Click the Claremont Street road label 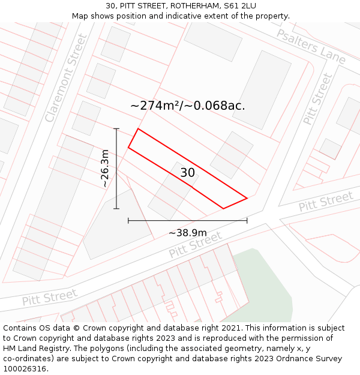coord(66,78)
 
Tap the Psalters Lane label coord(311,46)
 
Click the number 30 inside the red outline coord(187,173)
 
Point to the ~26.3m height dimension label coord(105,169)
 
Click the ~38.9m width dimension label coord(187,233)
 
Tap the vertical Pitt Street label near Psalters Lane coord(317,98)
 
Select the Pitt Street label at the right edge coord(325,202)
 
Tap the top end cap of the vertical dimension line coord(116,128)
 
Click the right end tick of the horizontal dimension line coord(247,221)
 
